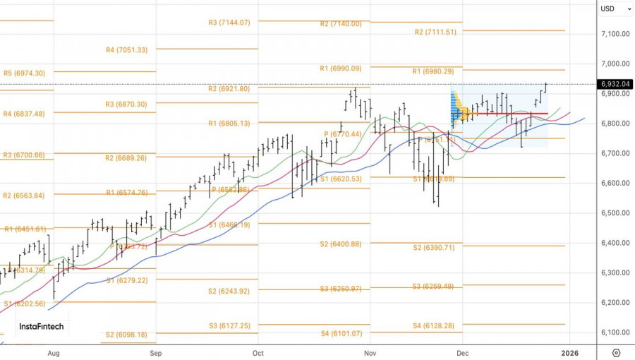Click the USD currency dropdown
[611, 8]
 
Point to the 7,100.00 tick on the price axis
[615, 34]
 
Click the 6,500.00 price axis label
[615, 213]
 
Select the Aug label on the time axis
[53, 352]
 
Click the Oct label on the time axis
[258, 352]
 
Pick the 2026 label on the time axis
[570, 352]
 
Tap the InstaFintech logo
[41, 327]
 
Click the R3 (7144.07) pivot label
[229, 23]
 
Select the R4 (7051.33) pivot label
[126, 50]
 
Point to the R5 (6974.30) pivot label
[24, 73]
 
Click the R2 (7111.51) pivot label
[435, 32]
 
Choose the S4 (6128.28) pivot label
[434, 326]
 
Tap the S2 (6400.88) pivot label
[340, 244]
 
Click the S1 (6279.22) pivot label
[127, 280]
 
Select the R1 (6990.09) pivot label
[340, 68]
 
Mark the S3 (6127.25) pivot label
[229, 326]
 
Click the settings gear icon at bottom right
[616, 352]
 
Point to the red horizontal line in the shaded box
[522, 114]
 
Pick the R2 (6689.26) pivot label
[126, 158]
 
